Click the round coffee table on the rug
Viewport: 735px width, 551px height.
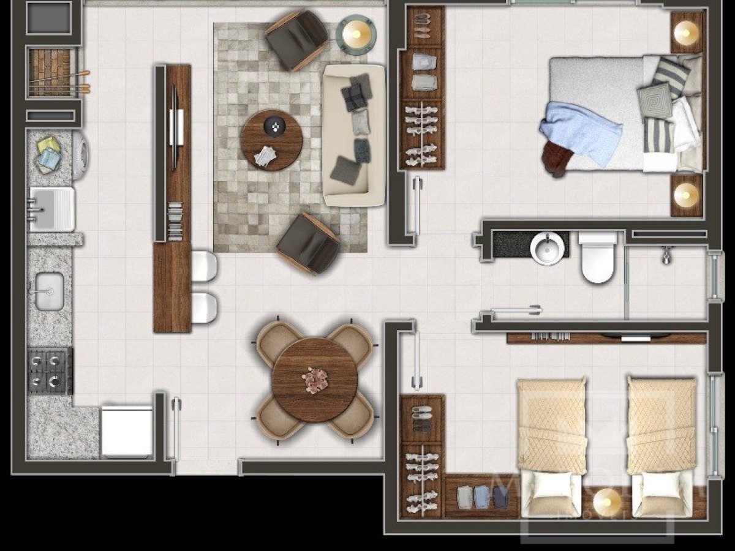(x=271, y=141)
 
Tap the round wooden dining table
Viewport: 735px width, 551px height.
(x=315, y=379)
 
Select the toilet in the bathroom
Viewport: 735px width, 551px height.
(x=597, y=257)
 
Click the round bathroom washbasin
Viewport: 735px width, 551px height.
(x=547, y=249)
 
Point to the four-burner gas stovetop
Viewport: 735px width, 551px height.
(x=50, y=371)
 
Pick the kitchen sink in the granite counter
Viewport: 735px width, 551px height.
(x=50, y=291)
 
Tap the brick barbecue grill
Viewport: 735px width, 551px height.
(x=50, y=72)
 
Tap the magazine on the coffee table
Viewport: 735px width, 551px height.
(x=264, y=156)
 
